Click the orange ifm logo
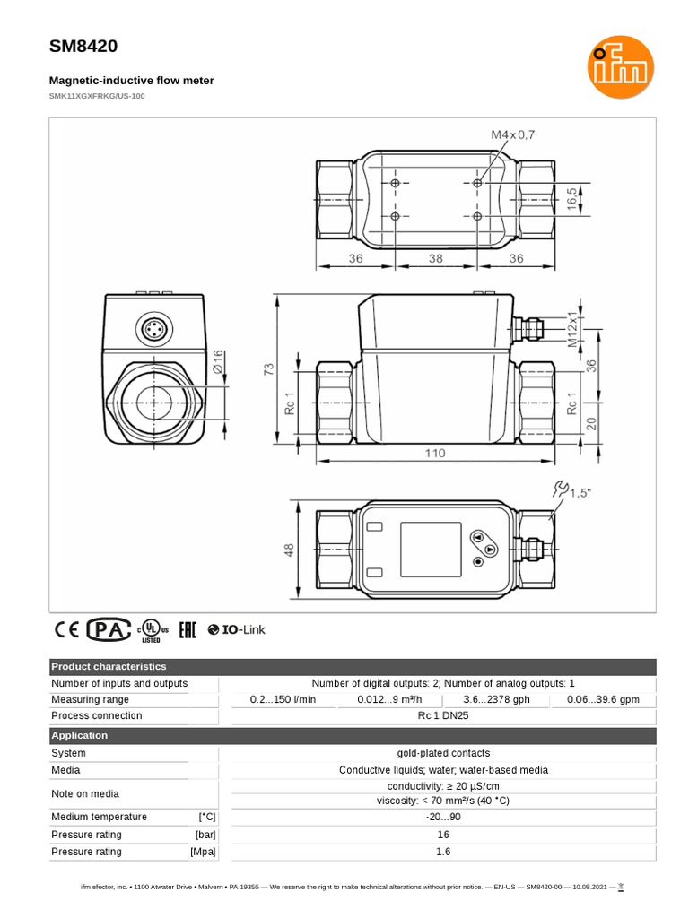point(621,68)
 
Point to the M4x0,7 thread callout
point(512,134)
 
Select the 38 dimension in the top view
point(435,257)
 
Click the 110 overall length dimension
point(435,454)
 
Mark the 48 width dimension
point(290,549)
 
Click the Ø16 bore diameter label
point(217,361)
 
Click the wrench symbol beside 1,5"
point(562,489)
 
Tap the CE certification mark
point(67,629)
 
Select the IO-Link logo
point(237,629)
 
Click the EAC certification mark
point(188,629)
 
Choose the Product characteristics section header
point(109,667)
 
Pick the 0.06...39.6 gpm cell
point(603,699)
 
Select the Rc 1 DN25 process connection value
point(442,715)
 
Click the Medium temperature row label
point(99,817)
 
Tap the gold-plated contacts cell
point(442,753)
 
